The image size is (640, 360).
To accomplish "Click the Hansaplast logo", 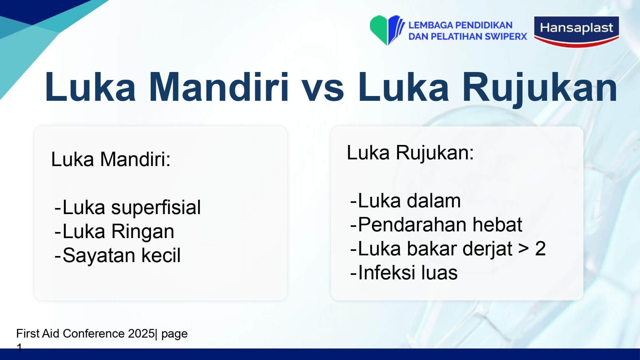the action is tap(577, 31).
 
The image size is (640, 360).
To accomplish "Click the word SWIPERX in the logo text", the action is tap(506, 36).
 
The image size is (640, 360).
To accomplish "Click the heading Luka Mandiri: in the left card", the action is tap(111, 159).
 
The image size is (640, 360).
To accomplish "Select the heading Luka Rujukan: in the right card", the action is tap(410, 152).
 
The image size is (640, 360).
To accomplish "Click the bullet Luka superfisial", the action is tap(128, 207).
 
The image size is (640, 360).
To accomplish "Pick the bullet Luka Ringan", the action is tap(114, 231).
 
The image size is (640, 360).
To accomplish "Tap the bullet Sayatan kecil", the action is tap(117, 255).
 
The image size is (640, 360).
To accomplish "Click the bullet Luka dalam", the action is tap(405, 201).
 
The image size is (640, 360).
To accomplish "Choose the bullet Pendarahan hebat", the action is tap(436, 225).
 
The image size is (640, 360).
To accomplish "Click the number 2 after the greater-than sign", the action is tap(540, 249).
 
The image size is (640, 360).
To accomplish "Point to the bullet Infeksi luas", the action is tap(404, 273).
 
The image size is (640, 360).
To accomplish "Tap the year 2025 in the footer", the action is tap(141, 333).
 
